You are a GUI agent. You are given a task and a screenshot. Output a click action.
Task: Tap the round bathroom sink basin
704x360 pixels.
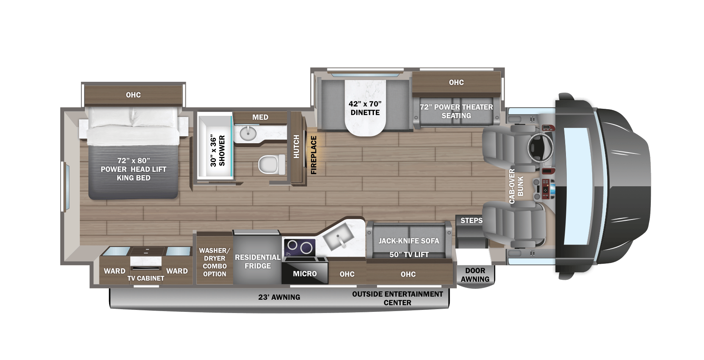tap(248, 133)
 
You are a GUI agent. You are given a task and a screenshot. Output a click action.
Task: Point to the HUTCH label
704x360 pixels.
tap(296, 147)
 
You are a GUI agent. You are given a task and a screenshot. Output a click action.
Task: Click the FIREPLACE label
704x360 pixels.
tap(314, 155)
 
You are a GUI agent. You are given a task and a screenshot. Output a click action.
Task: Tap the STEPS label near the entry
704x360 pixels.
tap(471, 221)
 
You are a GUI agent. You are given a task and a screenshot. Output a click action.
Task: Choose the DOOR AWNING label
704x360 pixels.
tap(475, 275)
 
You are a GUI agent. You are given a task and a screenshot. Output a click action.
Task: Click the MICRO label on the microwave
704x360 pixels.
tap(305, 274)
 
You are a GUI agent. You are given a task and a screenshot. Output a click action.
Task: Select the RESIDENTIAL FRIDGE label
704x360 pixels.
tap(257, 261)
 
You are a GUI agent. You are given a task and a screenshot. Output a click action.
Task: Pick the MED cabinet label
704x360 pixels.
tap(260, 117)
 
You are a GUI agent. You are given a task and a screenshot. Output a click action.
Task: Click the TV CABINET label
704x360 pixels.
tap(145, 278)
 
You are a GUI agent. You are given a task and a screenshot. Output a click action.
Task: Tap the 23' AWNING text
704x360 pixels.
tap(279, 297)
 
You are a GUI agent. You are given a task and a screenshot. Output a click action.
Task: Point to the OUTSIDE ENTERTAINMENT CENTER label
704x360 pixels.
tap(397, 298)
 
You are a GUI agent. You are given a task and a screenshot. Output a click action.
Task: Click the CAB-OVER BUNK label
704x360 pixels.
tap(516, 186)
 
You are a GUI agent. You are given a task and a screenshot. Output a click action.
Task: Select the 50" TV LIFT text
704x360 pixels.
tap(409, 255)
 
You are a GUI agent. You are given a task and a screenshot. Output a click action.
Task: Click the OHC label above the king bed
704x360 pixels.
tap(133, 95)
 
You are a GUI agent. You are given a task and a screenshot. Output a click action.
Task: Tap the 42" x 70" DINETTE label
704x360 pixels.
tap(365, 108)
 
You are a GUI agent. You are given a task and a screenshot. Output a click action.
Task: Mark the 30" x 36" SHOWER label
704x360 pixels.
tap(218, 151)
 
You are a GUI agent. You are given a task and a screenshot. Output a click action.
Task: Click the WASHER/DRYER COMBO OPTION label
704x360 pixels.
tap(214, 262)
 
